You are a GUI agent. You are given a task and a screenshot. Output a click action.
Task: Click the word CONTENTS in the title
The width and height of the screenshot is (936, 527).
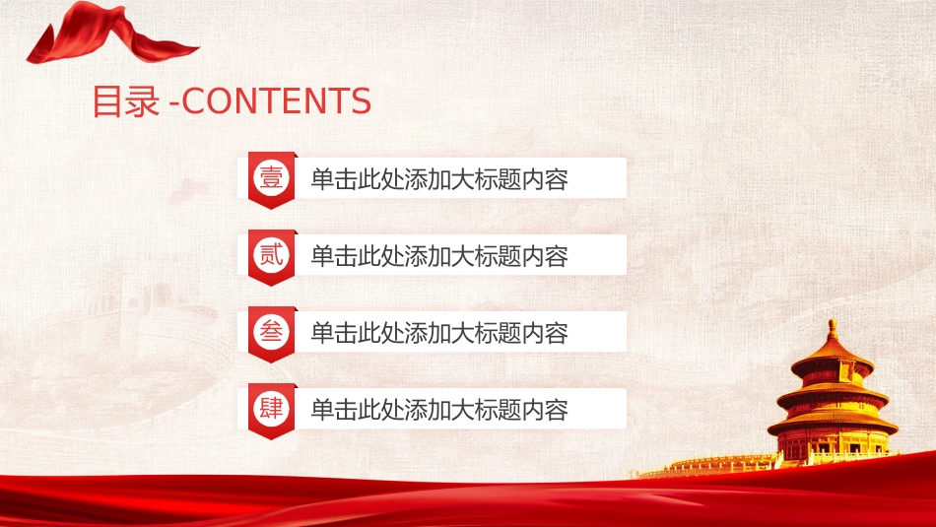[277, 100]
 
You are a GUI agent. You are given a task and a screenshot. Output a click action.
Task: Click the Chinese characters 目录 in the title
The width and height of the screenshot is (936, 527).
[126, 100]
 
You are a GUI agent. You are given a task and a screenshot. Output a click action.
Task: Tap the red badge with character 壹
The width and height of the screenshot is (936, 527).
[272, 180]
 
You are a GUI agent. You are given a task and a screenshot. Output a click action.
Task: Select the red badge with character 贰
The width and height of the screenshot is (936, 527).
[272, 257]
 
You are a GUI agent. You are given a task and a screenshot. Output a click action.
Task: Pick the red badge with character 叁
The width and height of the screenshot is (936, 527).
[272, 334]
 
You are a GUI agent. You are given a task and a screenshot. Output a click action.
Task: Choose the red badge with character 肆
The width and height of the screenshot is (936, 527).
[272, 411]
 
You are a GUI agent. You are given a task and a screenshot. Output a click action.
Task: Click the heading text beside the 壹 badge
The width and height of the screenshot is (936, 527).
[439, 179]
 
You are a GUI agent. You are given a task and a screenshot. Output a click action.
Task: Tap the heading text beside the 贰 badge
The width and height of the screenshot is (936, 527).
[439, 256]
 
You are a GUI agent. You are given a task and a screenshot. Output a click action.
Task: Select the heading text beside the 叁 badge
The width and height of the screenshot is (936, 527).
[439, 332]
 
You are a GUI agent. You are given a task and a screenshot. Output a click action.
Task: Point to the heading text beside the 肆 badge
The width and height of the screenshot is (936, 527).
[439, 410]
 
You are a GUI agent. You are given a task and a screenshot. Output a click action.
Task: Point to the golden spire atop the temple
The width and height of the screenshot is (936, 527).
[832, 330]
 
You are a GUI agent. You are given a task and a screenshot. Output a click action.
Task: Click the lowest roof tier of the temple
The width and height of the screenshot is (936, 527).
[833, 424]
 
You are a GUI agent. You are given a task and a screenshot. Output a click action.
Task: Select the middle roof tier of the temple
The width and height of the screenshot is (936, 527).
[833, 393]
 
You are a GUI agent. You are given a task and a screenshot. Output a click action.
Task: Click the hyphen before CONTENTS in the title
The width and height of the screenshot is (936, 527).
[173, 103]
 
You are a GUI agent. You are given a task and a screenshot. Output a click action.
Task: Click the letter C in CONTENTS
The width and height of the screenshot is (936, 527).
[192, 100]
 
